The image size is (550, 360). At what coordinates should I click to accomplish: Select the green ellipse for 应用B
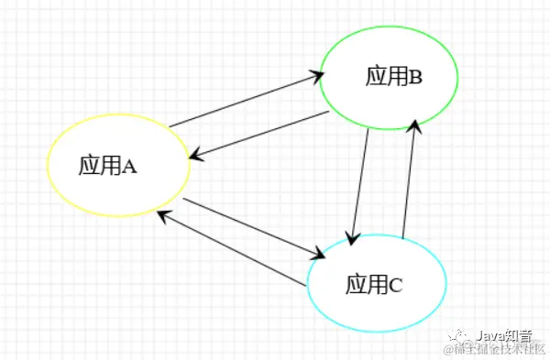(388, 77)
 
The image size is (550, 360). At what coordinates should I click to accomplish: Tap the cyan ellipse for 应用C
(376, 284)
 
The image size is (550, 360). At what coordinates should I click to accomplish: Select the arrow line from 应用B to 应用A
(259, 136)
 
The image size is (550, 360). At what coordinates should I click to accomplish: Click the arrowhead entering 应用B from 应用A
(312, 77)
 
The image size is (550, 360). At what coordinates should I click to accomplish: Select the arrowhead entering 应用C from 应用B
(351, 236)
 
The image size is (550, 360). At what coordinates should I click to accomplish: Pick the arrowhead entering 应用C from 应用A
(319, 254)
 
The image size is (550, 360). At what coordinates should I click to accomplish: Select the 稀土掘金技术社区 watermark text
(495, 350)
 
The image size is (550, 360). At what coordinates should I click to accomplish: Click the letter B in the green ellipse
(415, 77)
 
